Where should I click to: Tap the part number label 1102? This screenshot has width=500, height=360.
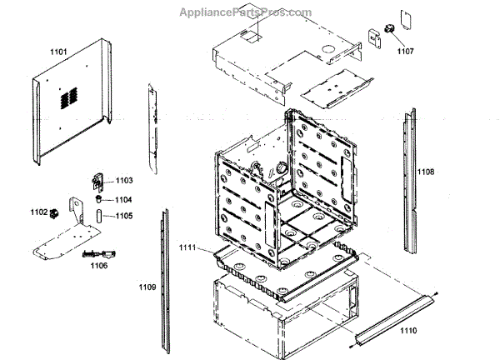(38, 212)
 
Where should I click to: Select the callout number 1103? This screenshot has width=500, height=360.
(123, 180)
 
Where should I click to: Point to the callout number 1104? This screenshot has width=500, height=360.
(123, 199)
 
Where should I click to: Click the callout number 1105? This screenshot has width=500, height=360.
(123, 216)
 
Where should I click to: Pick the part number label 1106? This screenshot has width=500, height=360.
(98, 266)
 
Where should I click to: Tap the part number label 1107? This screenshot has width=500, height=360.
(405, 52)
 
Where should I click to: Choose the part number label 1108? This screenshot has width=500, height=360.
(426, 172)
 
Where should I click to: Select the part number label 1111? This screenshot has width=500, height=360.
(187, 247)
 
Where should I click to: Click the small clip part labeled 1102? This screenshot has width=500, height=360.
(55, 212)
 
